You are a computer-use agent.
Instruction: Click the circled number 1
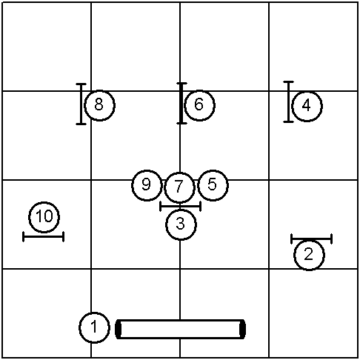pyautogui.click(x=94, y=327)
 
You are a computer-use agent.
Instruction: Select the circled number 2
pyautogui.click(x=309, y=255)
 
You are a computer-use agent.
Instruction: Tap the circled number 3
pyautogui.click(x=181, y=224)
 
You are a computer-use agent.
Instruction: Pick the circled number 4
pyautogui.click(x=307, y=106)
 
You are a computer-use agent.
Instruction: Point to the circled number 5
pyautogui.click(x=213, y=185)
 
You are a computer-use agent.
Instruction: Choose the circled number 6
pyautogui.click(x=199, y=105)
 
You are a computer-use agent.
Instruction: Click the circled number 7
pyautogui.click(x=179, y=187)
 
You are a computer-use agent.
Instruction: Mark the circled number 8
pyautogui.click(x=99, y=105)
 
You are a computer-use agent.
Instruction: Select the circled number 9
pyautogui.click(x=147, y=185)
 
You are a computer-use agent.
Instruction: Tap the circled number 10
pyautogui.click(x=44, y=217)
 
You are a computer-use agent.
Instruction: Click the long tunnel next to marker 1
pyautogui.click(x=180, y=329)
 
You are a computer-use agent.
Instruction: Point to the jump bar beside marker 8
pyautogui.click(x=81, y=104)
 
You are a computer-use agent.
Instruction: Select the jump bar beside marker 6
pyautogui.click(x=181, y=103)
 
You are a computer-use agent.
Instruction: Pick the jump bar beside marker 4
pyautogui.click(x=288, y=101)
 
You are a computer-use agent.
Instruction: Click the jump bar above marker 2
pyautogui.click(x=312, y=239)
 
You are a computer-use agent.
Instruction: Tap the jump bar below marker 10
pyautogui.click(x=43, y=236)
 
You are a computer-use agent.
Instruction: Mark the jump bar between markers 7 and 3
pyautogui.click(x=181, y=206)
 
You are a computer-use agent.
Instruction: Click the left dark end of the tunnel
pyautogui.click(x=119, y=329)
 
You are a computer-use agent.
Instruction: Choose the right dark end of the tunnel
pyautogui.click(x=243, y=329)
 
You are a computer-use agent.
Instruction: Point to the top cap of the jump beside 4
pyautogui.click(x=288, y=81)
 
